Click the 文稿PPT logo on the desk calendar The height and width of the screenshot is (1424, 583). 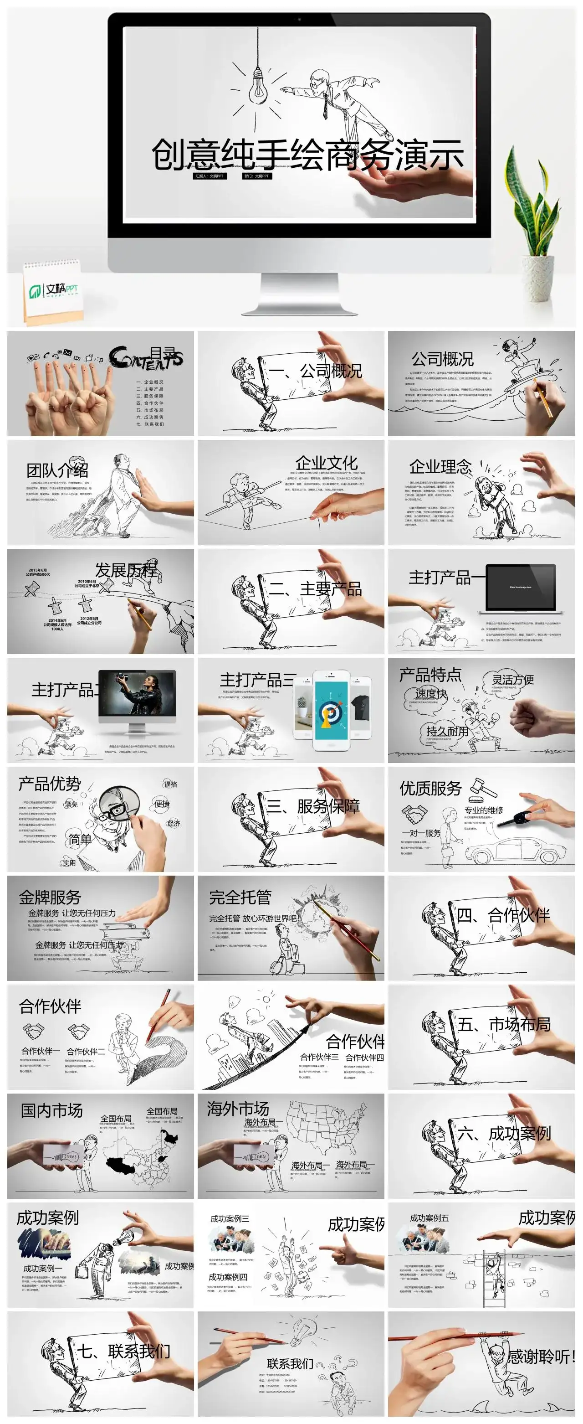[54, 289]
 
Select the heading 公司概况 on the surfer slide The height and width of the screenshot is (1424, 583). [442, 359]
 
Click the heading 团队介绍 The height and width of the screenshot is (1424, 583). [57, 470]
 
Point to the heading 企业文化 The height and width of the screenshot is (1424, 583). [326, 463]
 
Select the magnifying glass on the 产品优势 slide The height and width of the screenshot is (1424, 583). [122, 808]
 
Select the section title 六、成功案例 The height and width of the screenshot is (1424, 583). [503, 1133]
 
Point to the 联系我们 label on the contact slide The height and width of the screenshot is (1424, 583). [290, 1364]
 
